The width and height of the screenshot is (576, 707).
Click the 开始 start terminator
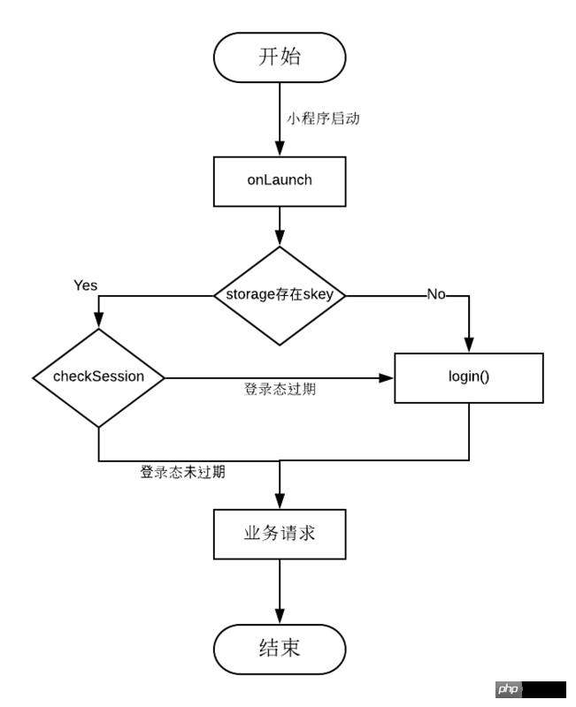tap(280, 57)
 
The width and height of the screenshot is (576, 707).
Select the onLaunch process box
tap(280, 182)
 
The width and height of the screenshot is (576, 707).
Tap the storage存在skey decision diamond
tap(280, 296)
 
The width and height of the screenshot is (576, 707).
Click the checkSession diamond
tap(98, 378)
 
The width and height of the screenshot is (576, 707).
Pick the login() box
tap(469, 378)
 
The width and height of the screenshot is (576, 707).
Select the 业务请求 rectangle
tap(280, 535)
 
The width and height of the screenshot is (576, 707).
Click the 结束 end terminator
tap(280, 650)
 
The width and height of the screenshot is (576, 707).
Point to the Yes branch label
tap(85, 285)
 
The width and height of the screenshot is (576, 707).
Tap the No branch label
tap(436, 294)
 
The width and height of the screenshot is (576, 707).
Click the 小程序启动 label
tap(323, 118)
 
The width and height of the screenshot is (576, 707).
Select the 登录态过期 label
tap(280, 389)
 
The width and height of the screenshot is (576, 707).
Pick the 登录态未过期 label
tap(182, 472)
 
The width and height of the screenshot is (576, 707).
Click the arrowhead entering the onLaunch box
tap(280, 148)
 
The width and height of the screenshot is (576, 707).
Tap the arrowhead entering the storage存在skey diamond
tap(280, 239)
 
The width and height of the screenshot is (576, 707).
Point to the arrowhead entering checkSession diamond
tap(98, 320)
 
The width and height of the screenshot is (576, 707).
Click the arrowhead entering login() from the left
tap(387, 378)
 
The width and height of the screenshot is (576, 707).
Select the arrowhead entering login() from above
tap(469, 345)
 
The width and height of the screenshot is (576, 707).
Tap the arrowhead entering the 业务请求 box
tap(280, 501)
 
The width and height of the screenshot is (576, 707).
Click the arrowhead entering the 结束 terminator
tap(280, 616)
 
